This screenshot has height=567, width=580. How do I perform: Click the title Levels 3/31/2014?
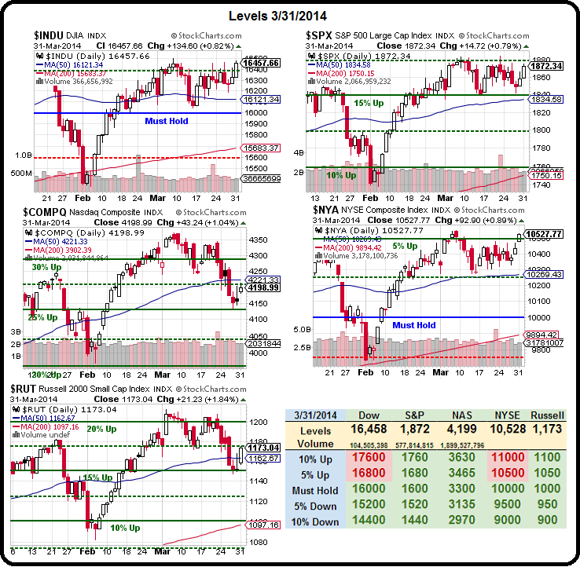[x=289, y=15]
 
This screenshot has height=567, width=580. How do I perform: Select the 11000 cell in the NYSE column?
[x=503, y=459]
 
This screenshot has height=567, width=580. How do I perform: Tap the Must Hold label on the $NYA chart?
[x=414, y=325]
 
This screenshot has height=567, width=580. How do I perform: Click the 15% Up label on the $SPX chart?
[x=369, y=103]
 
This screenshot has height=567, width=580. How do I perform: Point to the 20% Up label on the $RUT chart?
[x=101, y=429]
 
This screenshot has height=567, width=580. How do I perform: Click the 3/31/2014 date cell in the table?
[x=317, y=415]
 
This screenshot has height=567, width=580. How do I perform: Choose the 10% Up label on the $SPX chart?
[x=342, y=175]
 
